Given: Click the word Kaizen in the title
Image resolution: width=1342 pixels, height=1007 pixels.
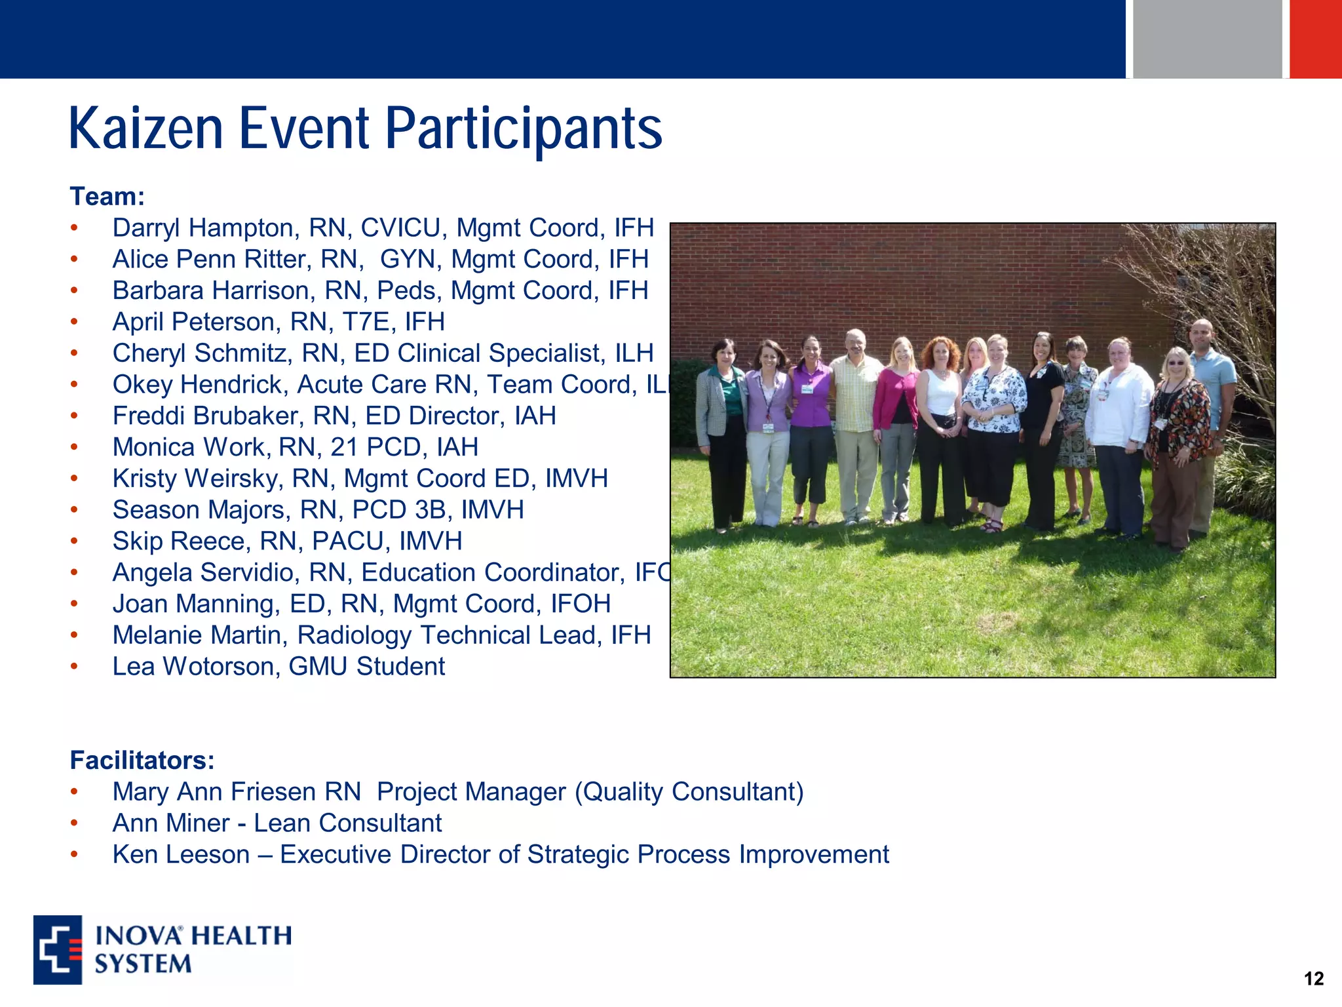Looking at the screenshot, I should pos(145,128).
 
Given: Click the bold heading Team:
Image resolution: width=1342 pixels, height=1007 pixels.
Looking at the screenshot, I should pos(107,197).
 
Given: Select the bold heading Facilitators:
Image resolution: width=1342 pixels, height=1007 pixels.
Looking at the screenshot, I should pos(142,760).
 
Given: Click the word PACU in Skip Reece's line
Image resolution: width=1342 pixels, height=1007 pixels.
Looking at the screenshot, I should pos(348,542).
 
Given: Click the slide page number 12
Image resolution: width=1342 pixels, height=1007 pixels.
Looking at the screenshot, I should pos(1313,979).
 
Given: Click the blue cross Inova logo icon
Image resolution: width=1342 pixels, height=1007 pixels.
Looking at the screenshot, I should pos(58,949).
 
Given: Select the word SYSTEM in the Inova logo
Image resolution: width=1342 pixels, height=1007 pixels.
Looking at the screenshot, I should pos(143,964).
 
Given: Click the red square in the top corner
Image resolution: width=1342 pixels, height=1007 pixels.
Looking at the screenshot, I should pos(1315,39).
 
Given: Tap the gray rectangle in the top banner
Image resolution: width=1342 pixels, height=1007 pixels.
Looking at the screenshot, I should pos(1207,39).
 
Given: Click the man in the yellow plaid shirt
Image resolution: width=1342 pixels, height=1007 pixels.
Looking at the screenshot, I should pos(855,420).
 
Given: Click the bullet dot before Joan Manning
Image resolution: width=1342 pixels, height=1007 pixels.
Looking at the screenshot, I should pos(75,604).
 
